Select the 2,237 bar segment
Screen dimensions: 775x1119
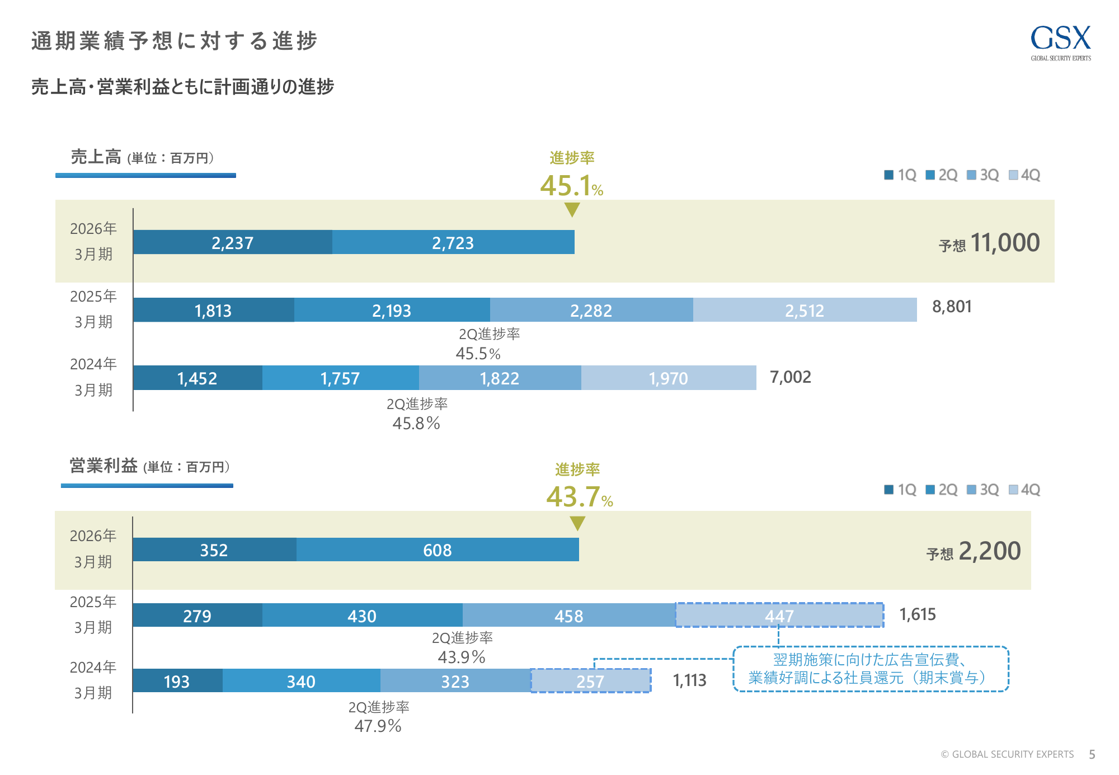232,242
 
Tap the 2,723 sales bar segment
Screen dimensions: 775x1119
453,242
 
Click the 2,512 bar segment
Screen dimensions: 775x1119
805,310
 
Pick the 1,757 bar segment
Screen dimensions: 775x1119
340,378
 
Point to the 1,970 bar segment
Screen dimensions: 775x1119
669,378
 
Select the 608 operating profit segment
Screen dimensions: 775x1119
438,550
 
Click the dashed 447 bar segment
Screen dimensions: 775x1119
779,616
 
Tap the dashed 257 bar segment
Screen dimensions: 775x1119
590,681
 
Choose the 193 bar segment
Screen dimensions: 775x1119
177,681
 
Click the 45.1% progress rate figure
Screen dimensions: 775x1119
571,186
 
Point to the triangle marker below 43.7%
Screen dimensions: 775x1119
577,523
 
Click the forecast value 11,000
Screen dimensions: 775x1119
1005,243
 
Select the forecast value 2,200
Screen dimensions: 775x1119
989,551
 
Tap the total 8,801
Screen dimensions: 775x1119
952,307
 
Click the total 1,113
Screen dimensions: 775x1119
689,680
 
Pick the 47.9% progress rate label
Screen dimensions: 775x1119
378,726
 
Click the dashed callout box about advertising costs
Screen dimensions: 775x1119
871,669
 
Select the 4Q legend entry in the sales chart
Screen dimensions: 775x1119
1024,175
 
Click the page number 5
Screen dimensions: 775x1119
1092,754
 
